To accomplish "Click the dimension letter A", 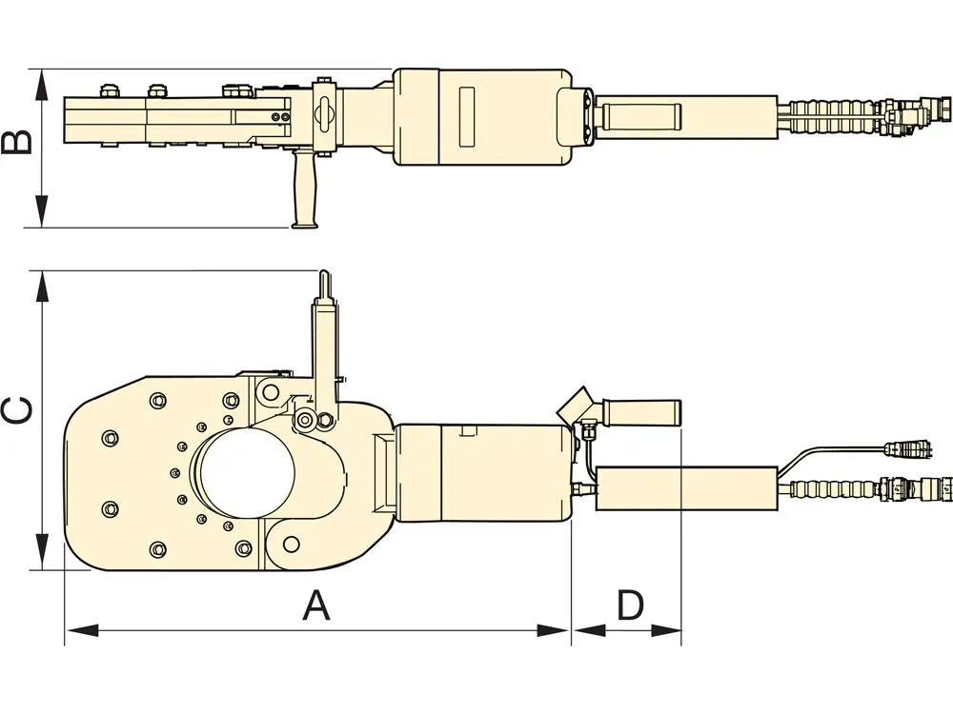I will pos(316,605).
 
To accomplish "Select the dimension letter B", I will pos(16,143).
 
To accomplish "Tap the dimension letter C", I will pos(16,410).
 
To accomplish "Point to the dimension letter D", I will pos(629,605).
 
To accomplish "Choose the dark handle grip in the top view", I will pos(644,116).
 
